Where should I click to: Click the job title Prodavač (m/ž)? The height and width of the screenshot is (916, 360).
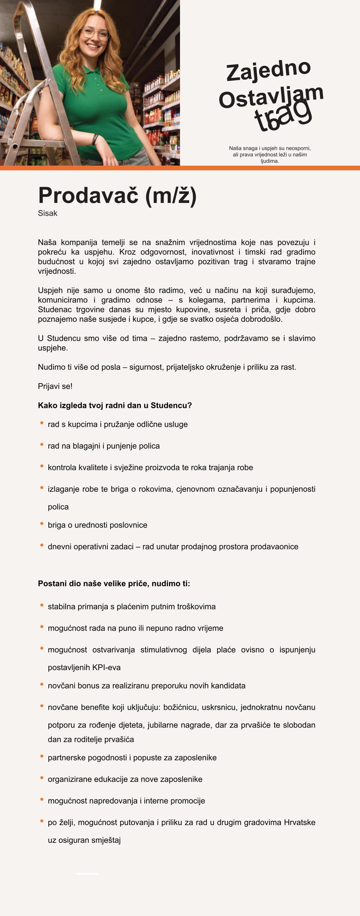tap(117, 195)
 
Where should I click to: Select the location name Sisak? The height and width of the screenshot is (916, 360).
tap(48, 213)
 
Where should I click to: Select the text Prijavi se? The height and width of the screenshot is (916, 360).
tap(55, 386)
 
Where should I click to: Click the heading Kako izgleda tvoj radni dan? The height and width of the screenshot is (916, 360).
tap(115, 405)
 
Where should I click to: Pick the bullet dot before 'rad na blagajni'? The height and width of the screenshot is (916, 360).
tap(42, 444)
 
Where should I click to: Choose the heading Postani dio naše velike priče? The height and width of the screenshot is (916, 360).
tap(114, 583)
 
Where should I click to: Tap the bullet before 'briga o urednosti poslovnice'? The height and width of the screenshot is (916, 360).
tap(42, 524)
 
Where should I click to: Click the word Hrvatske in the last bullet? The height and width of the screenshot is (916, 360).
tap(300, 822)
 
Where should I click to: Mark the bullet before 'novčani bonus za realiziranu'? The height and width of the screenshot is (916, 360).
tap(42, 684)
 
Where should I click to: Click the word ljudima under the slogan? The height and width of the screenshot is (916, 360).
tap(270, 161)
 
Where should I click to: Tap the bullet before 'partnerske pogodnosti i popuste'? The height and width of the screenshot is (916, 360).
tap(42, 756)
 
